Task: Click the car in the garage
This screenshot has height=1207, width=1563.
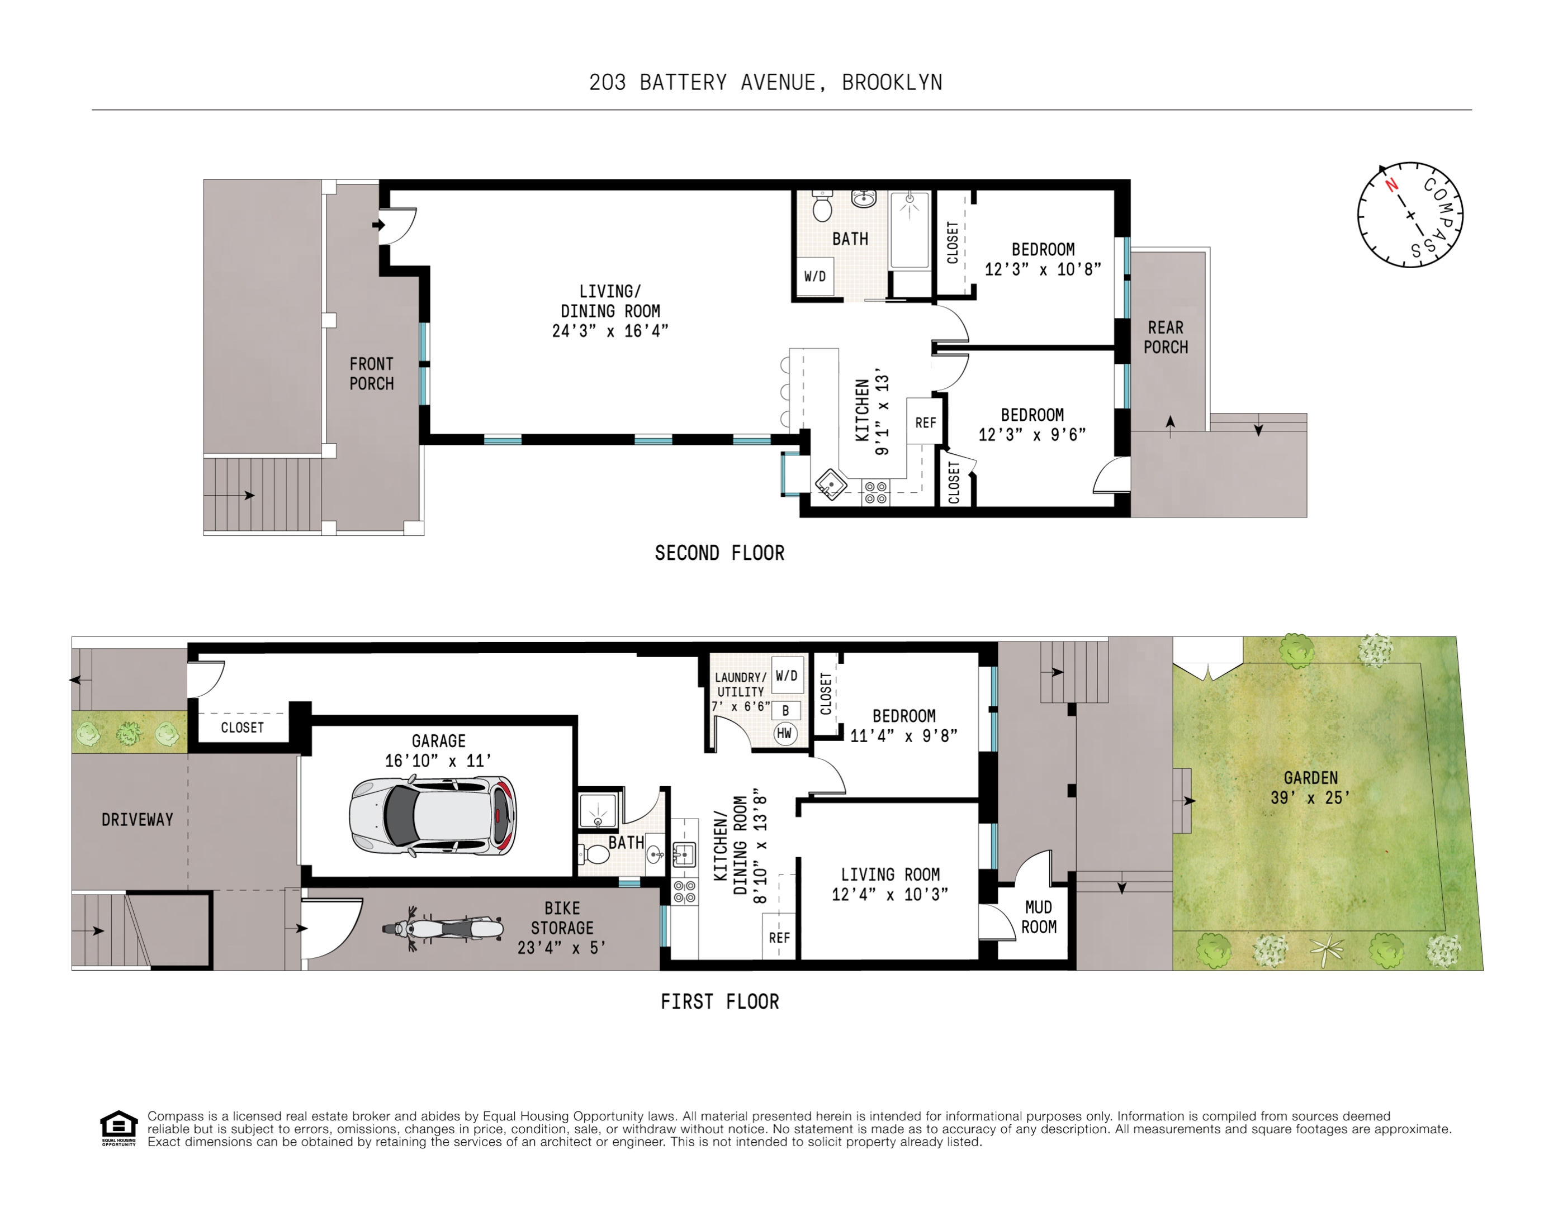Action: pyautogui.click(x=433, y=816)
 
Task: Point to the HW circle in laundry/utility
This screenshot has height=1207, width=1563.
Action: pyautogui.click(x=785, y=733)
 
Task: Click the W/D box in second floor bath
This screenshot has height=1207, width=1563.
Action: pyautogui.click(x=814, y=276)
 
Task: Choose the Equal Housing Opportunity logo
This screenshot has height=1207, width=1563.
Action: pyautogui.click(x=118, y=1128)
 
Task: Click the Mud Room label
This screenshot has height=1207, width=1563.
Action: pyautogui.click(x=1039, y=917)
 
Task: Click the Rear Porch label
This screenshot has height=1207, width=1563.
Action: pyautogui.click(x=1165, y=337)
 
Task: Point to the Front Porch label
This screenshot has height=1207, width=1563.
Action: pyautogui.click(x=371, y=373)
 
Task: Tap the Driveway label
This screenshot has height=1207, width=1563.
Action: pyautogui.click(x=138, y=820)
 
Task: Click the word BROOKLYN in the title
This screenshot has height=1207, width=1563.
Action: pyautogui.click(x=892, y=83)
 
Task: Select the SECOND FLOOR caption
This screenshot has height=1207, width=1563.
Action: pyautogui.click(x=719, y=553)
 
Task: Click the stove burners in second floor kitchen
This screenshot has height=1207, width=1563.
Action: pyautogui.click(x=875, y=492)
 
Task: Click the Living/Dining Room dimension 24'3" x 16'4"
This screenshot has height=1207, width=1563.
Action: pyautogui.click(x=610, y=331)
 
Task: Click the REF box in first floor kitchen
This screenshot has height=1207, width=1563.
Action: pyautogui.click(x=779, y=937)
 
